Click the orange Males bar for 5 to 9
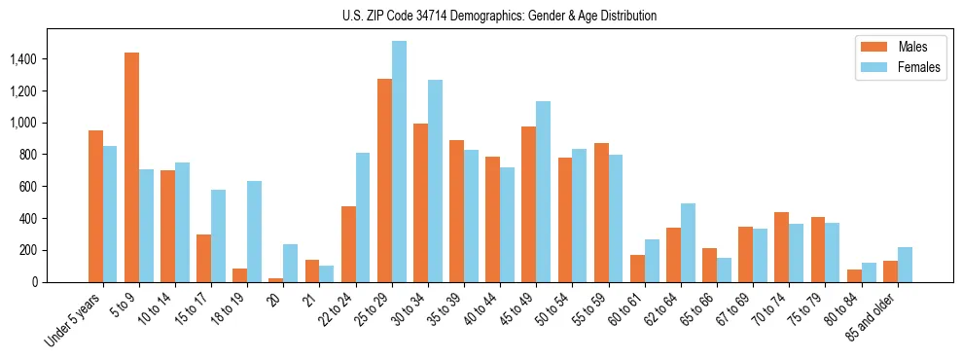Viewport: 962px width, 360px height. click(x=131, y=167)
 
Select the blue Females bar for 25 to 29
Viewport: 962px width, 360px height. click(x=399, y=162)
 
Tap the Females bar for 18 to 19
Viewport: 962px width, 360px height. click(x=255, y=232)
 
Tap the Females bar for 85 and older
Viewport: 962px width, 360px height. click(x=905, y=265)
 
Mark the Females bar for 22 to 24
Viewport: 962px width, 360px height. click(x=363, y=217)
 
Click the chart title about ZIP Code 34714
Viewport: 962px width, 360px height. click(x=499, y=16)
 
